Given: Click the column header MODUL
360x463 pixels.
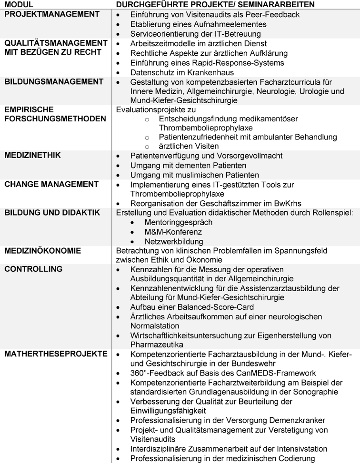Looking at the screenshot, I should [19, 5].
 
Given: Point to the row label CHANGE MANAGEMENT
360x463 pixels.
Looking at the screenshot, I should [51, 184].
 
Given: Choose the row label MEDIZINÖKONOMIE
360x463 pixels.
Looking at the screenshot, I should [43, 250].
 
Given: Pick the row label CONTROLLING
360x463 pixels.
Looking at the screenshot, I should [33, 269].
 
